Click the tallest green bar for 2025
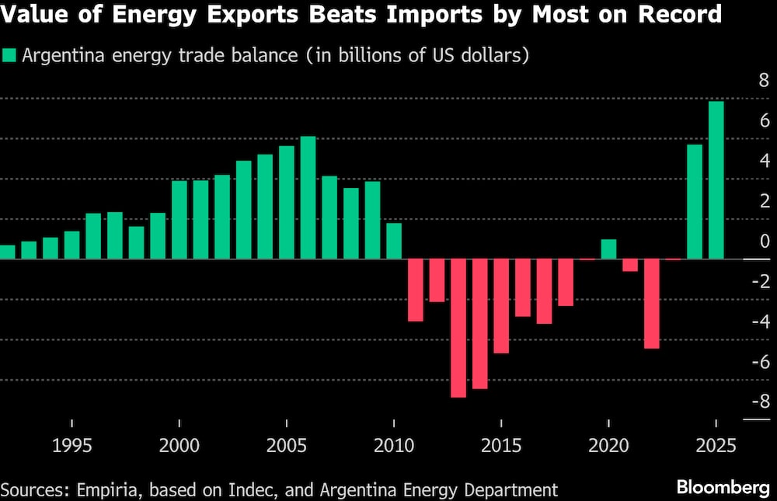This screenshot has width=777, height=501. pyautogui.click(x=716, y=180)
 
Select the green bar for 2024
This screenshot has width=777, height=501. pyautogui.click(x=695, y=202)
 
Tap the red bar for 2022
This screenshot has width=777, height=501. pyautogui.click(x=651, y=304)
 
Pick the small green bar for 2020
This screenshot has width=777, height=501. pyautogui.click(x=608, y=249)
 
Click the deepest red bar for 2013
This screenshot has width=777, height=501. pyautogui.click(x=458, y=329)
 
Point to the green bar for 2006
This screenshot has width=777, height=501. pyautogui.click(x=308, y=198)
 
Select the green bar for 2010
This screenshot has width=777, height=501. pyautogui.click(x=394, y=241)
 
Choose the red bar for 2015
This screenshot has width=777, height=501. pyautogui.click(x=501, y=306)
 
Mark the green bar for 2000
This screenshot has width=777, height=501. pyautogui.click(x=179, y=220)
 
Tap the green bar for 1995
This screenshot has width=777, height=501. pyautogui.click(x=72, y=245)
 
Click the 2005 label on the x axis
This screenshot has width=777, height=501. pyautogui.click(x=287, y=447)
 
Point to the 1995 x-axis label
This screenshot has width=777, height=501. pyautogui.click(x=72, y=447)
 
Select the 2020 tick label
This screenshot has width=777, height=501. pyautogui.click(x=608, y=447)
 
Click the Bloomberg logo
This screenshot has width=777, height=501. pyautogui.click(x=722, y=488)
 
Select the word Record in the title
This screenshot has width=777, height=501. pyautogui.click(x=679, y=15)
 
